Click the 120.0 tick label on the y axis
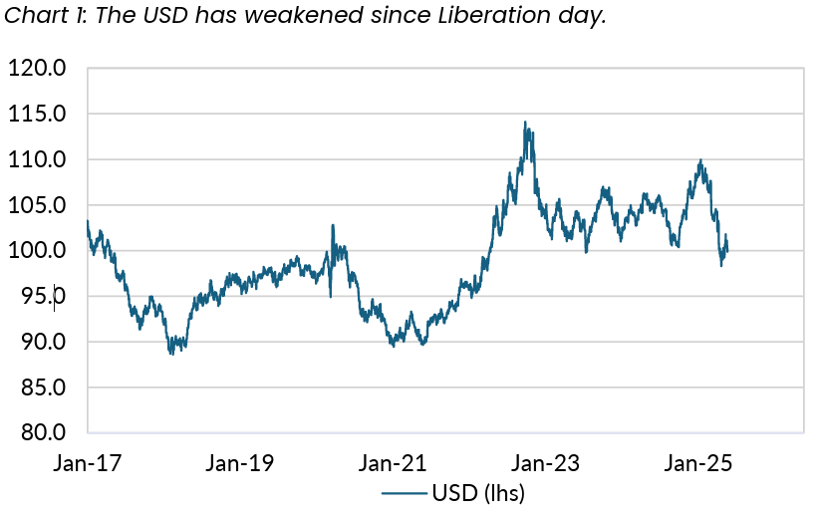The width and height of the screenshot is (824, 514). (x=37, y=69)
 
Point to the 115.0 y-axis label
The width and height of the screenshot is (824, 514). (x=37, y=115)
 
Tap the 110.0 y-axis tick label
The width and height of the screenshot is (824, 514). (x=37, y=159)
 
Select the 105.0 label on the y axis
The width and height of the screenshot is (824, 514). (x=37, y=205)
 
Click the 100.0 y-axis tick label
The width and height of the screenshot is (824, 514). (x=37, y=251)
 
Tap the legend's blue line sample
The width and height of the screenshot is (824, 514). (x=404, y=492)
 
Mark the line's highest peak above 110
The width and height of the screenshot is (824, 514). (x=525, y=123)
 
